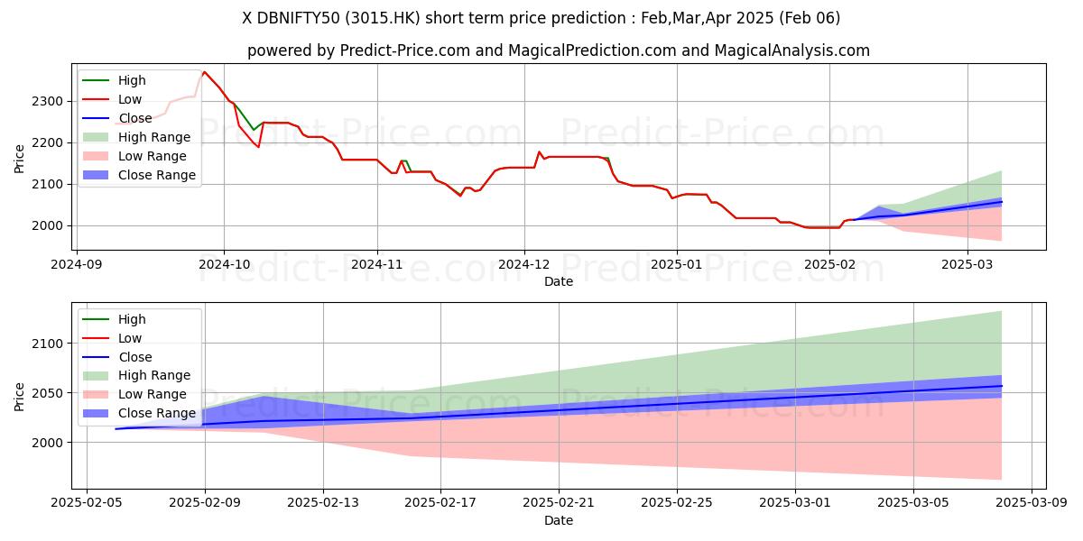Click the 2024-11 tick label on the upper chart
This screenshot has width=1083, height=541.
point(376,265)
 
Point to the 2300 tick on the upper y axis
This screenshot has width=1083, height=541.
point(50,101)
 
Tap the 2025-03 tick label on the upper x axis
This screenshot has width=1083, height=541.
point(967,265)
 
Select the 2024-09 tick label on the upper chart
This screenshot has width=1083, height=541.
point(77,265)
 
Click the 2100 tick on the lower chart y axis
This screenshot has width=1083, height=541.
point(50,344)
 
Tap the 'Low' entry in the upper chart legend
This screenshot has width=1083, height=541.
point(131,99)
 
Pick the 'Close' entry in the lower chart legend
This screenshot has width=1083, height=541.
point(135,357)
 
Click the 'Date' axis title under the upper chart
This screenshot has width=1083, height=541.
point(559,281)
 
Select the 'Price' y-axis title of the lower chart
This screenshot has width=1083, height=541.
point(20,397)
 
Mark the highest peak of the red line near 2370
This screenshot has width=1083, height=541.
point(204,72)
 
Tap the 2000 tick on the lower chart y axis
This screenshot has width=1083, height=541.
point(50,443)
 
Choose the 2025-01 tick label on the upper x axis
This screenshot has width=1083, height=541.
point(677,265)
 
